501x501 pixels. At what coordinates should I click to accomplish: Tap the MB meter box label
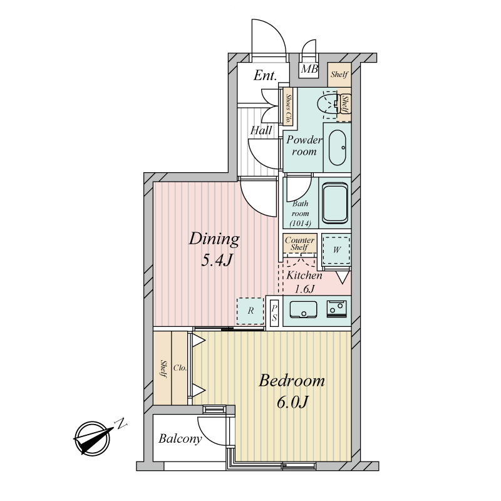309,69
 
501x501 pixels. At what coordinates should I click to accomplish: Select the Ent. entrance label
265,76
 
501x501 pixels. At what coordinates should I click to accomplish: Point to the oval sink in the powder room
338,148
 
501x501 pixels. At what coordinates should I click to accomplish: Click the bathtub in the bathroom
335,203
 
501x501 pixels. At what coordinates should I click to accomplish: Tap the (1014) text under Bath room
301,224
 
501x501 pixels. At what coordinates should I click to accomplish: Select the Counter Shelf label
300,244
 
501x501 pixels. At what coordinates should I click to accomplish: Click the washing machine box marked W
336,249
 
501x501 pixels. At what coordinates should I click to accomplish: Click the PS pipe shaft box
274,312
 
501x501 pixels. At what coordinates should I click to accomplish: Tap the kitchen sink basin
304,309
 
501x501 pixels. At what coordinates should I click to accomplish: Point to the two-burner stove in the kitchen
336,309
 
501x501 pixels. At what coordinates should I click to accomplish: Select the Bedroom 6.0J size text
292,402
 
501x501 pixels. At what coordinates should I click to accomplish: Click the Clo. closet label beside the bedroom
180,368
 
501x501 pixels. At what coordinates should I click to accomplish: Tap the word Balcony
180,439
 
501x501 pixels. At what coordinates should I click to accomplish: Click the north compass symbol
93,438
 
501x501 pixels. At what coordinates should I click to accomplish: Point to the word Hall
261,130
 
